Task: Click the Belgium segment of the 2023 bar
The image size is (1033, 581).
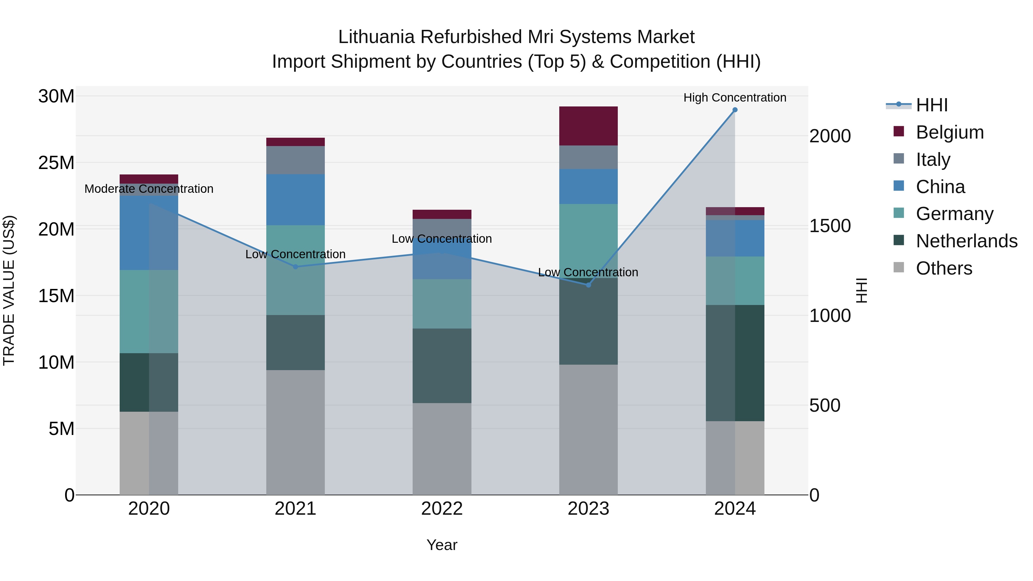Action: pos(588,126)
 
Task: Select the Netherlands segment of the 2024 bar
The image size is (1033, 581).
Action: pos(735,363)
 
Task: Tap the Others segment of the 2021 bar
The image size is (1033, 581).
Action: pos(295,432)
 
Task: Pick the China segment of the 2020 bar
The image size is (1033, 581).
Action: pos(149,233)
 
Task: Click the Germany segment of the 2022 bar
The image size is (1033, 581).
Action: pos(442,304)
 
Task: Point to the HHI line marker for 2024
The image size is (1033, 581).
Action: pos(735,110)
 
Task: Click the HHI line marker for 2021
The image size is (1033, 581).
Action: pos(295,267)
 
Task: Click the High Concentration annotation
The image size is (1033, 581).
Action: pos(735,98)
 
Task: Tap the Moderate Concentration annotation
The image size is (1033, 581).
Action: pos(149,189)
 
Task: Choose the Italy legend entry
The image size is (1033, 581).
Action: pos(933,160)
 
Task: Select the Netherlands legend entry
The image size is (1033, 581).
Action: pos(966,241)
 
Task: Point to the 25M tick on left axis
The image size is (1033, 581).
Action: pos(56,163)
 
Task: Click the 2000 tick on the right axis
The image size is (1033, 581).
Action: pos(830,136)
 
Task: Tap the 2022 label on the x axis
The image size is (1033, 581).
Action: pos(442,509)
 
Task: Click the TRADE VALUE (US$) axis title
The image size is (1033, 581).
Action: pos(9,290)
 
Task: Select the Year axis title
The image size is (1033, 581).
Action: pos(442,545)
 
